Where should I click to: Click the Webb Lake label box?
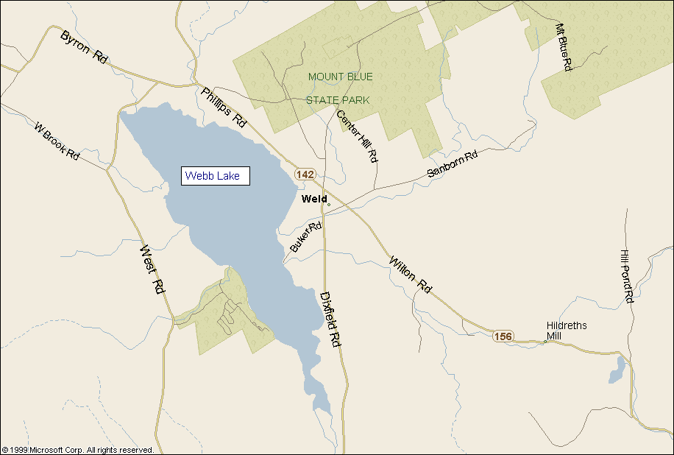(x=216, y=176)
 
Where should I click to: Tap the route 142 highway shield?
(x=305, y=174)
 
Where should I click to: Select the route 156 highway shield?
(x=503, y=336)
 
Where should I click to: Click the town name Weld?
(x=314, y=199)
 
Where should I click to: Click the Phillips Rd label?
(x=223, y=107)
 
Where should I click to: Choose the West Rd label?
(x=152, y=270)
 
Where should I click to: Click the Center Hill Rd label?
(x=357, y=136)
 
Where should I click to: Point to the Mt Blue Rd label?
(x=563, y=46)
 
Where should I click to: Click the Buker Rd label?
(x=306, y=238)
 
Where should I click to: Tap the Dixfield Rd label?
(x=330, y=319)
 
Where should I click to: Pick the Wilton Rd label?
(x=410, y=275)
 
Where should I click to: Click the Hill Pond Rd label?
(x=626, y=276)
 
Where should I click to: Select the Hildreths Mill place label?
(x=567, y=331)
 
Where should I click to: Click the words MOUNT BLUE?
(x=340, y=77)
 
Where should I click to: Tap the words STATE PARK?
(x=338, y=100)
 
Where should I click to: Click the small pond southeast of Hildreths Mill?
(x=617, y=372)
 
